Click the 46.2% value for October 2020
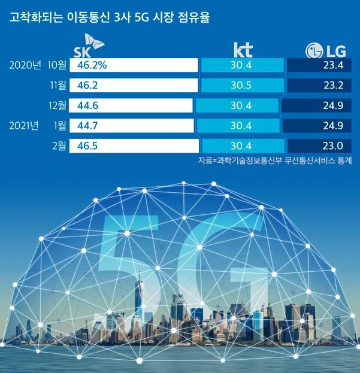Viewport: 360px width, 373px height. click(87, 64)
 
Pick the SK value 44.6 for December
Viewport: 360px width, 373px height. click(82, 106)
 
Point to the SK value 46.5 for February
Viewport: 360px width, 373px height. click(82, 146)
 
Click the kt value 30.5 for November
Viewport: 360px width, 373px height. click(240, 85)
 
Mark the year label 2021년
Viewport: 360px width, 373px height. click(25, 126)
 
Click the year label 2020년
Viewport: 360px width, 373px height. click(25, 64)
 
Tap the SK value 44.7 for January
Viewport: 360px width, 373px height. click(82, 126)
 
